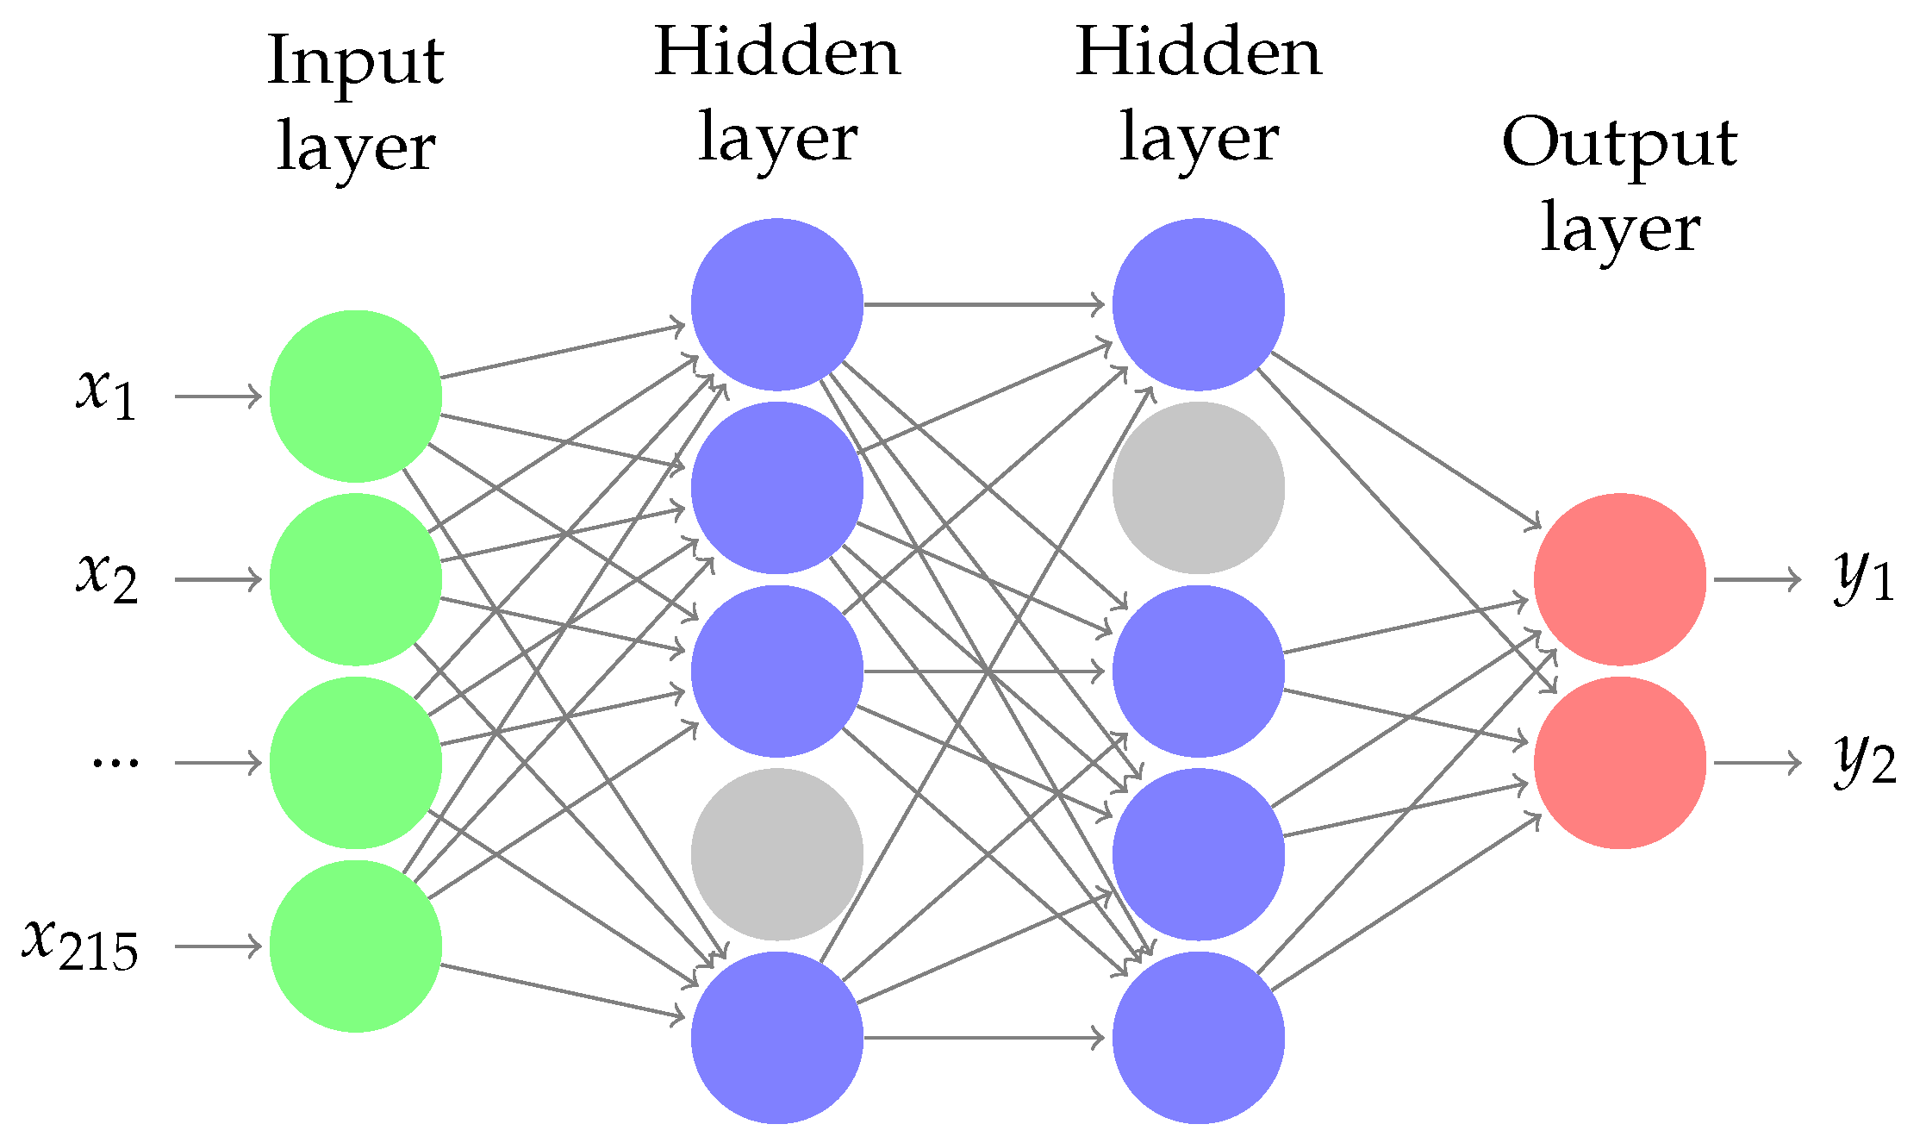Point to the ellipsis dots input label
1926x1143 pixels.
point(115,762)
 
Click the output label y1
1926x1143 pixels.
point(1863,577)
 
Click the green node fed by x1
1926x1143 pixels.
point(355,396)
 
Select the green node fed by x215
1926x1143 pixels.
point(355,946)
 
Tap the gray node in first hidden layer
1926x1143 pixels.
point(776,853)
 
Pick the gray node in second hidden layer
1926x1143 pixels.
point(1198,487)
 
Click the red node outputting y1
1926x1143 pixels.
point(1619,578)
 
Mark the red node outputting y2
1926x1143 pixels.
point(1619,762)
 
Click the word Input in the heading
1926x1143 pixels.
point(355,62)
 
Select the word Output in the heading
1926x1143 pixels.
point(1619,143)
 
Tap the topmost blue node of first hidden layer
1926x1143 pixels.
point(776,303)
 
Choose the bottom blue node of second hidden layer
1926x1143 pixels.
point(1198,1037)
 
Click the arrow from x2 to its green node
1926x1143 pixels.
point(217,579)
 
